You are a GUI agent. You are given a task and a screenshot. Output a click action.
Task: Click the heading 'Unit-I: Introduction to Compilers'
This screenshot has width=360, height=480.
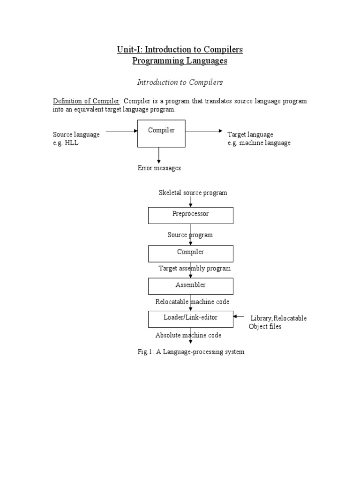180,49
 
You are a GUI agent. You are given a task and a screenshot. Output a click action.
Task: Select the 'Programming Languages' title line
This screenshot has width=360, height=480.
180,61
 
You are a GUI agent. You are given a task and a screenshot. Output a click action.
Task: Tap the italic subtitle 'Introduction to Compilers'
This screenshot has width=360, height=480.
180,82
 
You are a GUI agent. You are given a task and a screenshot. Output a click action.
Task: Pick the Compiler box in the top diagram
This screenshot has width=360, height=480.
161,133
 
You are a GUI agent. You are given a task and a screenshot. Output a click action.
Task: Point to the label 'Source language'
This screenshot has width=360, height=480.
76,135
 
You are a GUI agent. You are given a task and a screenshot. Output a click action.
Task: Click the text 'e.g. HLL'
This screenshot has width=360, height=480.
66,143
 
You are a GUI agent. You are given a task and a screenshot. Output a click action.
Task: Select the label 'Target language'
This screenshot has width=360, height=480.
250,135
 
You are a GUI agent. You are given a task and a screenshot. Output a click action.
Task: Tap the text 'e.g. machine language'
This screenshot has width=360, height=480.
259,143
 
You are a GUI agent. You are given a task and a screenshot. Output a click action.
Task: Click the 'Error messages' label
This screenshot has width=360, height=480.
159,168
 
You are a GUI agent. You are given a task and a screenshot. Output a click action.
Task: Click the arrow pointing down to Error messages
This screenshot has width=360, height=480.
159,155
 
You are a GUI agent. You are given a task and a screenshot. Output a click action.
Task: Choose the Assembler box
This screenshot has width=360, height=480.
190,285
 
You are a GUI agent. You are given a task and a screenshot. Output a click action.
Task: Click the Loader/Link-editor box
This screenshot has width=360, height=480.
190,319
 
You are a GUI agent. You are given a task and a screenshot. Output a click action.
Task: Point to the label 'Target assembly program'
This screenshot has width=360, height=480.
195,269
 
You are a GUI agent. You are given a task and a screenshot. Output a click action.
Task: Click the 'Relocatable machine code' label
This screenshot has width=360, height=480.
192,302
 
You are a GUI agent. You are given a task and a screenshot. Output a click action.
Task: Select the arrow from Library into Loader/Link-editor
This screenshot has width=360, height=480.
239,316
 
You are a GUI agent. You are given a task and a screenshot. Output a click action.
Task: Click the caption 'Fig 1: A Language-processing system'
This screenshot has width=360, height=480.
191,352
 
